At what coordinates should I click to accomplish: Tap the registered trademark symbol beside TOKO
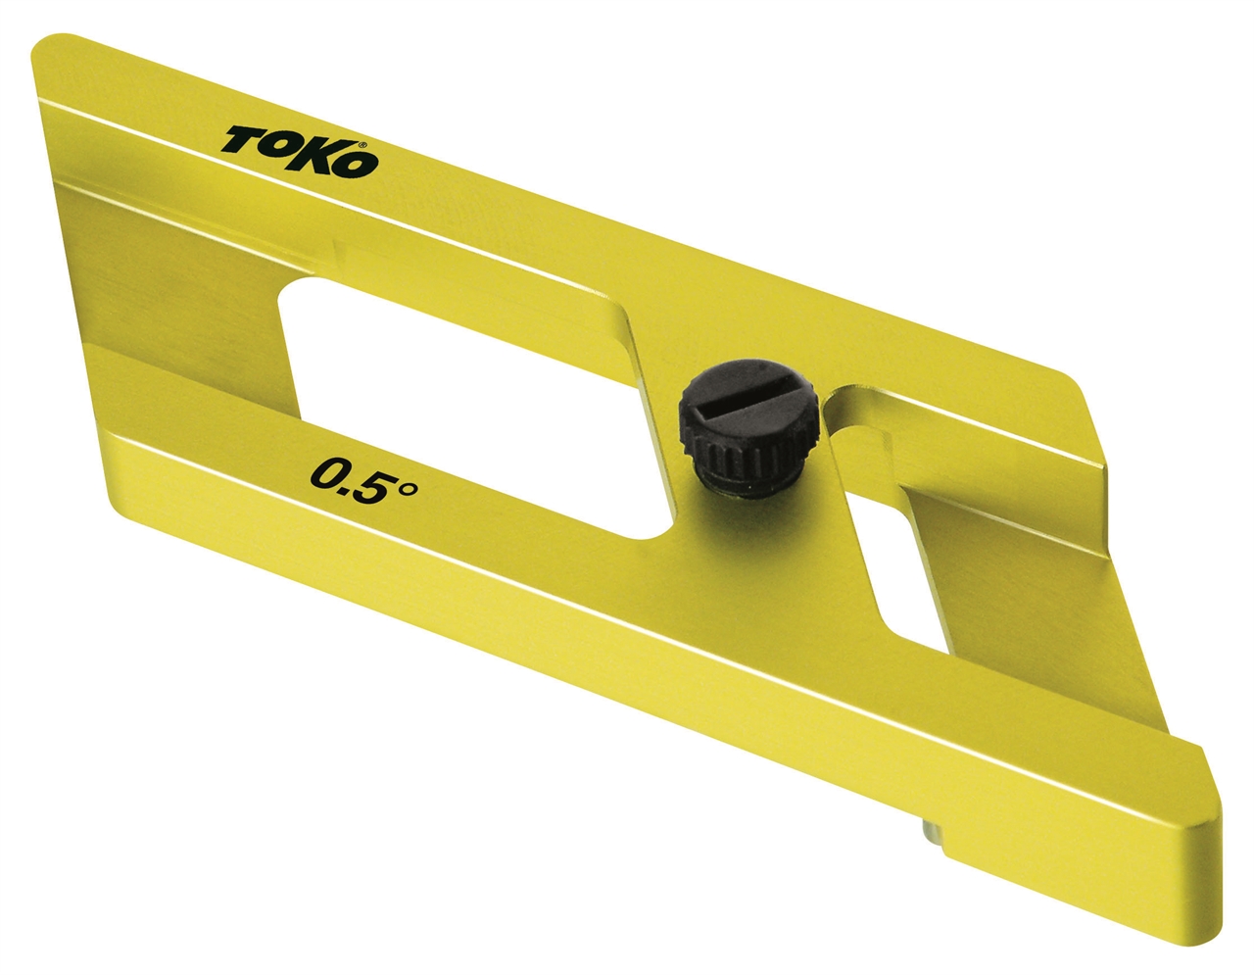(x=362, y=145)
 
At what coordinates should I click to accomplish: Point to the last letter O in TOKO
(x=358, y=164)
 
